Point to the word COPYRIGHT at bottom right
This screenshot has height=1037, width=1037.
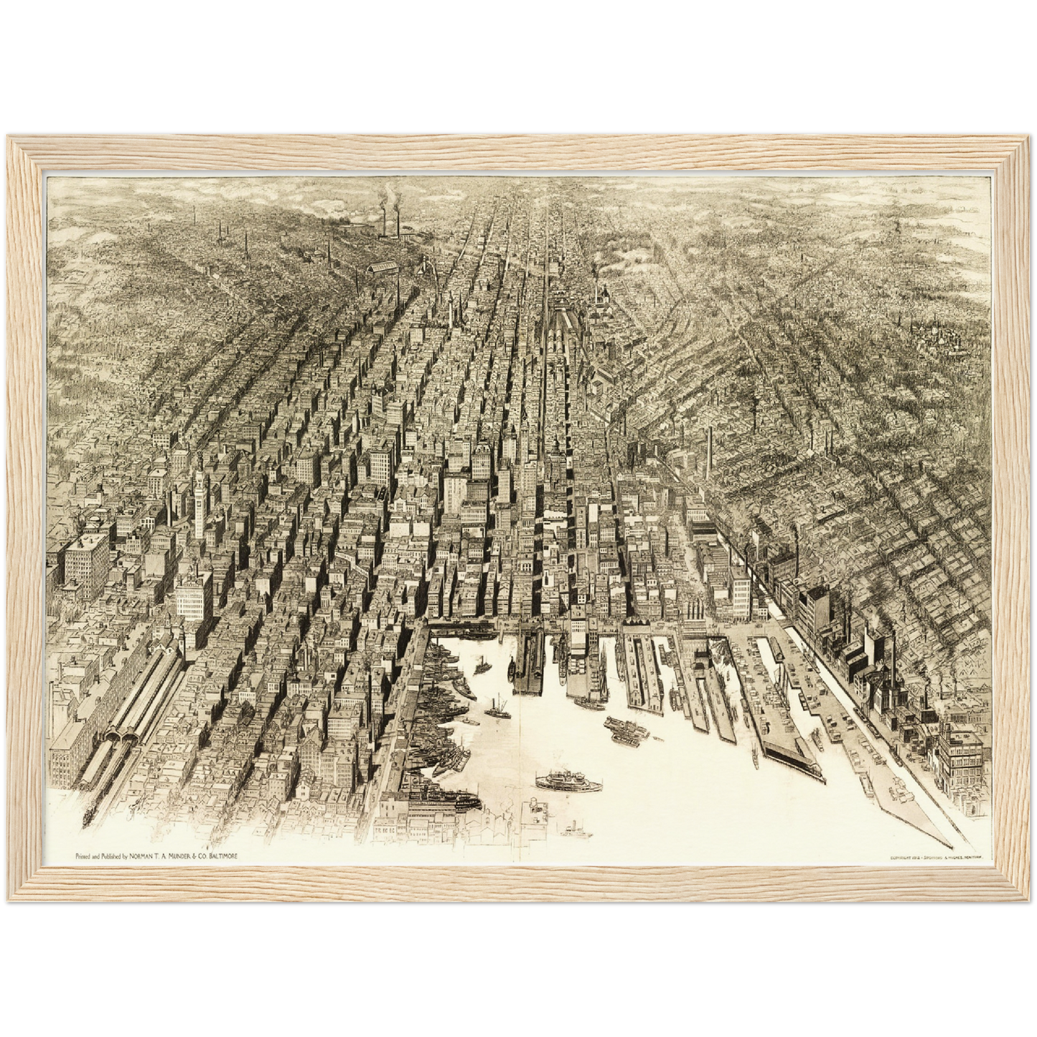[902, 858]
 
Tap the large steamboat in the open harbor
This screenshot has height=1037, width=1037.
[568, 782]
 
